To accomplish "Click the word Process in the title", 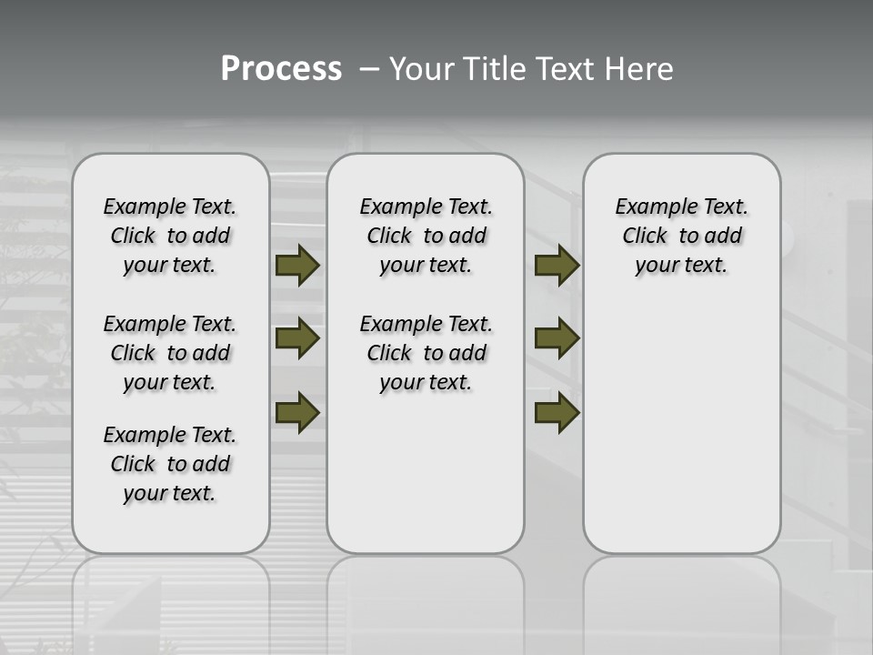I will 281,69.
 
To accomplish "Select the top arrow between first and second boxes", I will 297,266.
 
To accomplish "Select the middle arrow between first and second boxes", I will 297,338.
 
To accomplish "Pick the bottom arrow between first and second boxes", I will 297,412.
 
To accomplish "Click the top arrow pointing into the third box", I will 557,266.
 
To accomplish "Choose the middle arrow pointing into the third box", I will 557,338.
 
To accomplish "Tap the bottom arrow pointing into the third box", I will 557,412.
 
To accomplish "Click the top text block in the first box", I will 170,236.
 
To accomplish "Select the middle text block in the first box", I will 170,353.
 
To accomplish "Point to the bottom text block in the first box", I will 170,464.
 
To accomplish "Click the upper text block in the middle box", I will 426,236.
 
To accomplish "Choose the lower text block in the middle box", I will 426,353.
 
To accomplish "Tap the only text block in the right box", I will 681,236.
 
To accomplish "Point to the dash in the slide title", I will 369,69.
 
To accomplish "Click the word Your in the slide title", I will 421,69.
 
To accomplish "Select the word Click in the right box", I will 645,237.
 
